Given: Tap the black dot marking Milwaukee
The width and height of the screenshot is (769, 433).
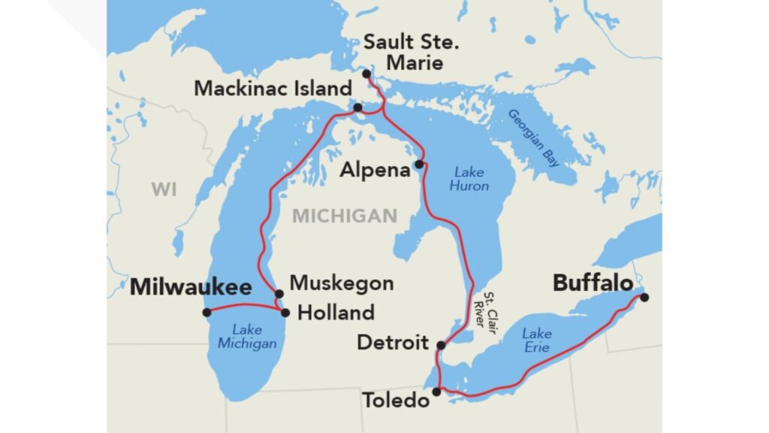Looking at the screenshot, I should (x=207, y=312).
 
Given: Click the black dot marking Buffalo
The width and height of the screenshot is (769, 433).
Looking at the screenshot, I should (x=644, y=297).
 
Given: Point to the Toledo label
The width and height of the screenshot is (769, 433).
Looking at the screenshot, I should (x=397, y=400).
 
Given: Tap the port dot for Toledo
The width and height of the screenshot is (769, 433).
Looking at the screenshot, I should (x=437, y=392).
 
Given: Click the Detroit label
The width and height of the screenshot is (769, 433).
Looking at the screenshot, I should (x=392, y=343).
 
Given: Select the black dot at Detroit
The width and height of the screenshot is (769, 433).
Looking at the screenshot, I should (x=441, y=346).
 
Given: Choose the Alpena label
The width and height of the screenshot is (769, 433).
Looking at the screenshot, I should (x=375, y=170).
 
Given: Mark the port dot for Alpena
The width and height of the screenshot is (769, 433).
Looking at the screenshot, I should (x=418, y=164).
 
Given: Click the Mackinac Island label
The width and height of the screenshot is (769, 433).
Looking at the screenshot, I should (x=273, y=88).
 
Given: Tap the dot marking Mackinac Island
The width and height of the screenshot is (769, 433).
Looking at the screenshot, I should (x=357, y=107).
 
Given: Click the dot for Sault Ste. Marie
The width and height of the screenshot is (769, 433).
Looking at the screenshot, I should (x=366, y=74).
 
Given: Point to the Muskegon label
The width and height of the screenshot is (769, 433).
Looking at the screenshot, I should (x=342, y=283).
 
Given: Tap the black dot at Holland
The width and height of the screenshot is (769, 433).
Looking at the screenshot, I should (x=285, y=312).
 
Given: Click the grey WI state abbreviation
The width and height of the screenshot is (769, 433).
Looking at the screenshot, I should (x=164, y=189).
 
